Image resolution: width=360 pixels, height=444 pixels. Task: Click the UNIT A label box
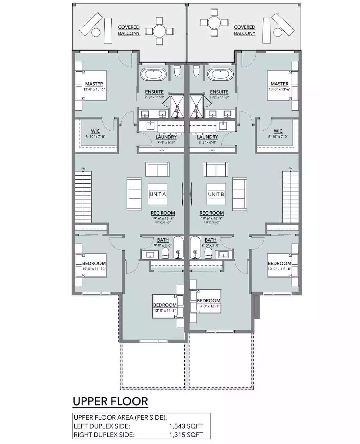158,194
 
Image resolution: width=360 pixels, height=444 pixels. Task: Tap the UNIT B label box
216,194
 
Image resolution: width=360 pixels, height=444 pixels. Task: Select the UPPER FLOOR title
110,401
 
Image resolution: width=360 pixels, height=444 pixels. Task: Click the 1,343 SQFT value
186,426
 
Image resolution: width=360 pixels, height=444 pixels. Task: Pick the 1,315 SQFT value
186,435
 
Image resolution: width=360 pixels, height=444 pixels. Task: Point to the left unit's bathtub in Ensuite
153,75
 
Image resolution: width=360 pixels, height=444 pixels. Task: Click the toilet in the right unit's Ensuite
196,71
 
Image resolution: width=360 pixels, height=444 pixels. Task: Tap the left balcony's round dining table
159,30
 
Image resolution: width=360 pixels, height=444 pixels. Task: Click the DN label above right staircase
290,168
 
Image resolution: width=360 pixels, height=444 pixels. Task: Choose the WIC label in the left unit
95,131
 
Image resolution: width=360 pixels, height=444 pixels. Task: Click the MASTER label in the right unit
279,84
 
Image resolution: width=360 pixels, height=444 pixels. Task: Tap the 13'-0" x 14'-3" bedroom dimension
165,311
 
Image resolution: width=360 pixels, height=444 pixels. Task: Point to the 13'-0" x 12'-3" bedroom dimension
208,306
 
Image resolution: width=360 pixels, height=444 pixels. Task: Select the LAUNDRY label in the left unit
166,137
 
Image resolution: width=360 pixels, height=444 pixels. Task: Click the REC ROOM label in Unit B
212,213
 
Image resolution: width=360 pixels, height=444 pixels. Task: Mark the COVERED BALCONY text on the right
245,30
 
